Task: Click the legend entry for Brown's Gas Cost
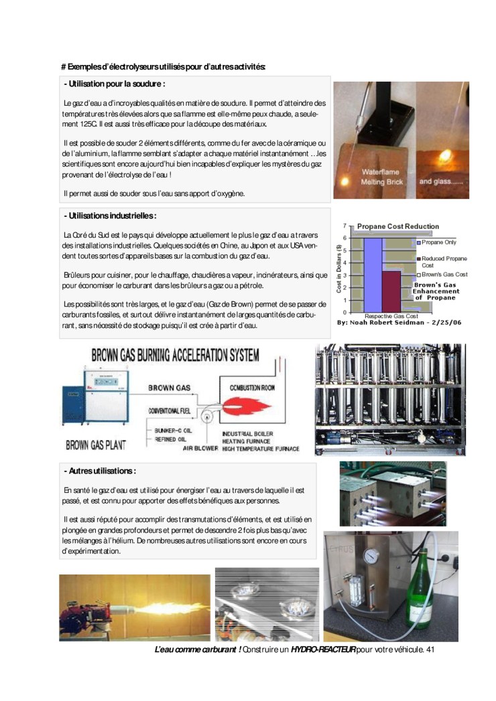click(x=444, y=275)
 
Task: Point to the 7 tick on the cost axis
click(x=344, y=226)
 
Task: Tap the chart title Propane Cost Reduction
click(x=398, y=226)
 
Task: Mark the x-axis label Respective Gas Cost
click(x=391, y=315)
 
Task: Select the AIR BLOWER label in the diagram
click(x=200, y=449)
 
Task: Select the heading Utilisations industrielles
click(x=110, y=216)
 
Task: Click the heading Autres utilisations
click(x=100, y=471)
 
